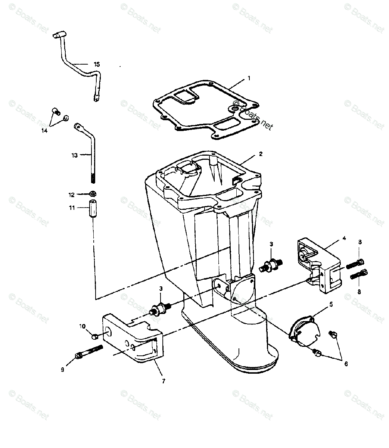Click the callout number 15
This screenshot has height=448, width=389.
(97, 65)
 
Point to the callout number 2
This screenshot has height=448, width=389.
(271, 154)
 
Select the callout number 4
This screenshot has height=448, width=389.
(344, 238)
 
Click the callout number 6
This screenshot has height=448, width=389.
(346, 364)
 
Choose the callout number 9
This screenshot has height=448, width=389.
(62, 370)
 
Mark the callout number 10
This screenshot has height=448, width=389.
(82, 326)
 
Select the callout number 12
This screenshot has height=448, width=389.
(71, 195)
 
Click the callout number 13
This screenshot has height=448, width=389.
(75, 155)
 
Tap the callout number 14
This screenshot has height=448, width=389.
(44, 131)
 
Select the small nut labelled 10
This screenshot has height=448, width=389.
(94, 337)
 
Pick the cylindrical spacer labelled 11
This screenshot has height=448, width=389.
(93, 211)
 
